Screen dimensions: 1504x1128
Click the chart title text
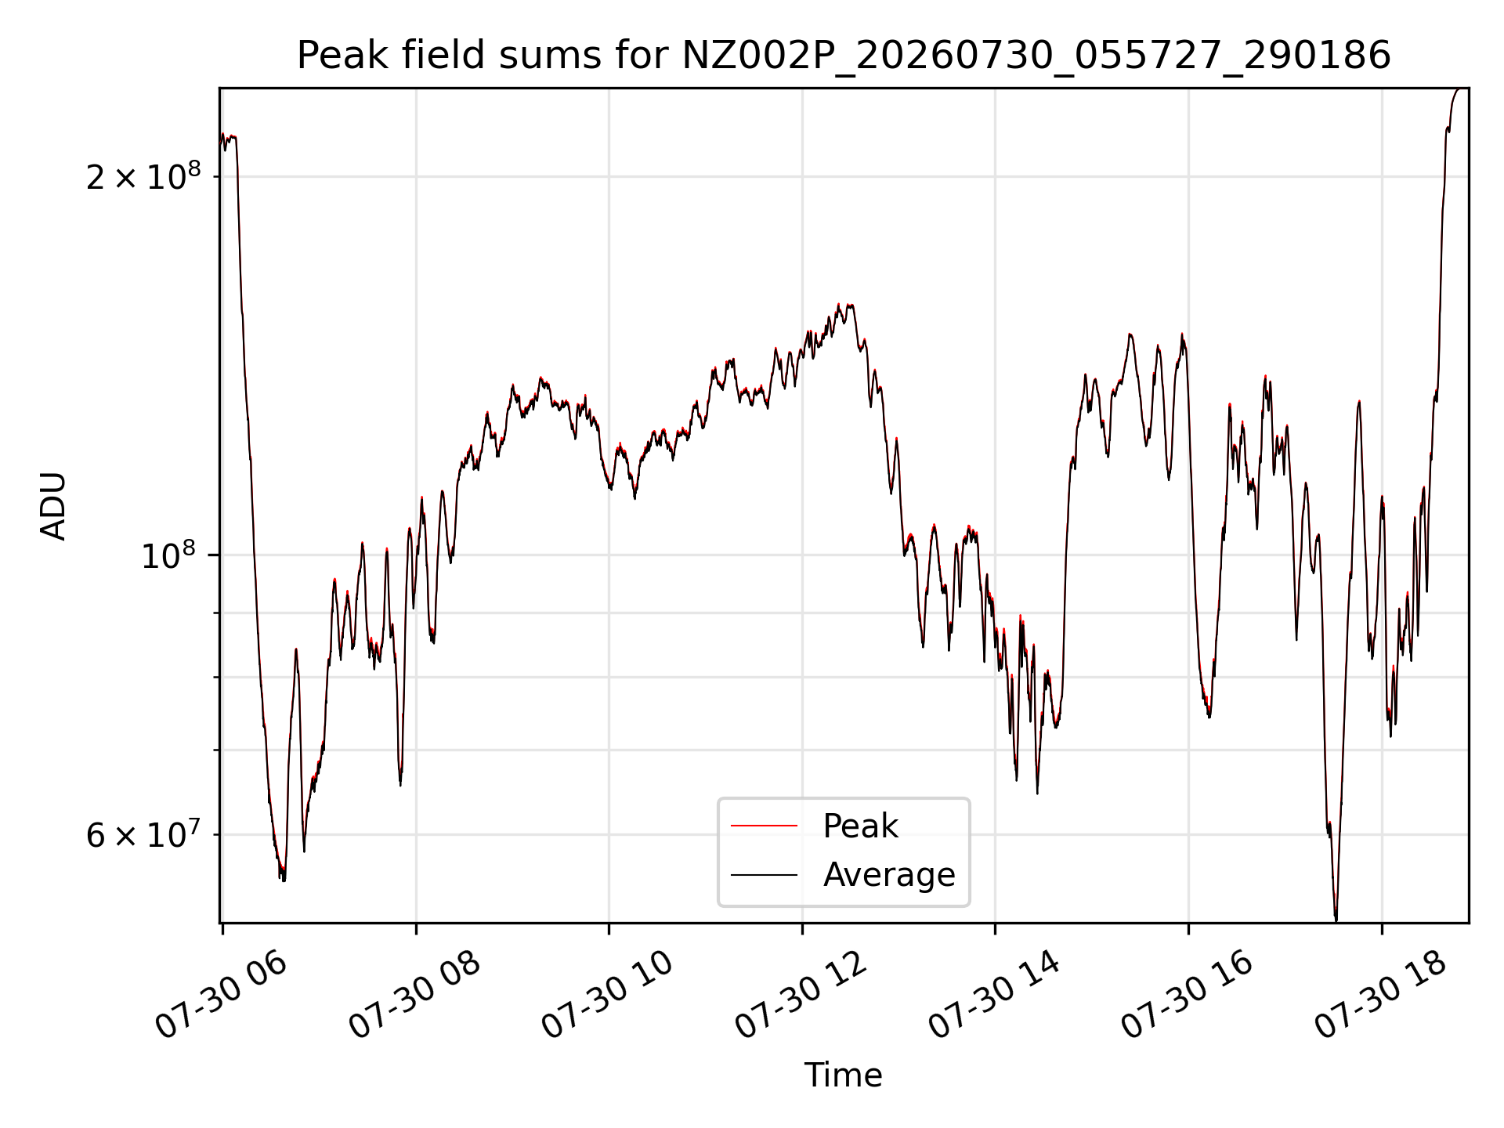844,56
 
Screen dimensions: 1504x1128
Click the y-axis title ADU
53,506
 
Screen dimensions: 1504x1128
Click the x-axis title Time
843,1076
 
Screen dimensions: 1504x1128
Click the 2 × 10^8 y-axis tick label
143,176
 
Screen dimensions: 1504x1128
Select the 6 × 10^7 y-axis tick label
143,834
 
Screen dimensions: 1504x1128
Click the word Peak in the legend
860,826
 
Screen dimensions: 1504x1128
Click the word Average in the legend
889,874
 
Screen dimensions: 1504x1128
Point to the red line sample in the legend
764,826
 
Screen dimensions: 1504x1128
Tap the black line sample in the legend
764,874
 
